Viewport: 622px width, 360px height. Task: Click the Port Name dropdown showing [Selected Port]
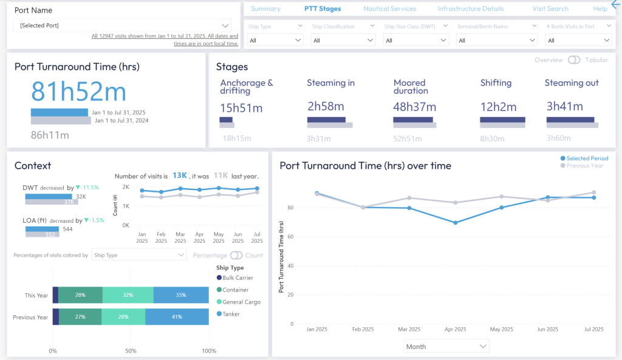tap(121, 25)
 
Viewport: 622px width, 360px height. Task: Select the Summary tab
tap(265, 8)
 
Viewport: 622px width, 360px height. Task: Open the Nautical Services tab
tap(389, 8)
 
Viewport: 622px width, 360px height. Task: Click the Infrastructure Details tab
tap(470, 8)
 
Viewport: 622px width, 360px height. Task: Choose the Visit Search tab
tap(550, 8)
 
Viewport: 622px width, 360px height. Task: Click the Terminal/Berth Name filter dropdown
tap(497, 40)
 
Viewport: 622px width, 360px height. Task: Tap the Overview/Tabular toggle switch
tap(573, 60)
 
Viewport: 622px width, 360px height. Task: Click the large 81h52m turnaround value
tap(78, 92)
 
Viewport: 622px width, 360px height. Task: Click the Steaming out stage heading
tap(571, 83)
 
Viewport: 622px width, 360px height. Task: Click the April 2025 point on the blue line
tap(455, 222)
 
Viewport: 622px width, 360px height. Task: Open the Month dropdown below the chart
tap(446, 346)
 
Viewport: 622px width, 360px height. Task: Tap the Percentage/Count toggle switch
tap(236, 256)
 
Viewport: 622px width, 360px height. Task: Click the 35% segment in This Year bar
tap(180, 295)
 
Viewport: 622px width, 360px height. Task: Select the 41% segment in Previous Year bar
tap(177, 317)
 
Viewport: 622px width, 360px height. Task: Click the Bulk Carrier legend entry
tap(238, 277)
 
